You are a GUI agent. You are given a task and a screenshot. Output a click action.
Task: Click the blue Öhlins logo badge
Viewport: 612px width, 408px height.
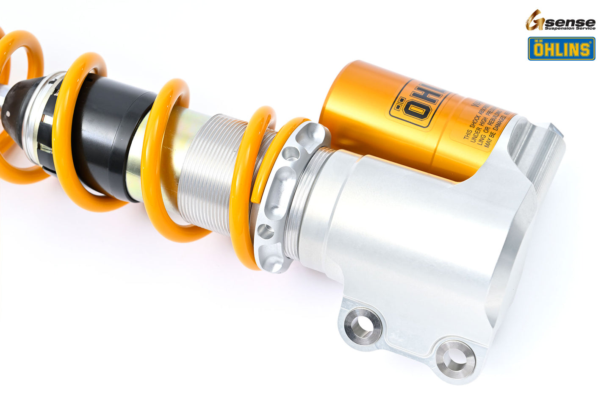click(561, 49)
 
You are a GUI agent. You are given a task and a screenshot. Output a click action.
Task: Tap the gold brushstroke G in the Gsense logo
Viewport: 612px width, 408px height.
click(534, 20)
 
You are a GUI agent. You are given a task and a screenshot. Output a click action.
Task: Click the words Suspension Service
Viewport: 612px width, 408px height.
click(570, 28)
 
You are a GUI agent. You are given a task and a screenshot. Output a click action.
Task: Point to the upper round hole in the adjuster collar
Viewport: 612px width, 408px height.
click(291, 153)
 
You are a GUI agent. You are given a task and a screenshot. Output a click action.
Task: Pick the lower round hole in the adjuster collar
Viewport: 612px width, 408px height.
click(266, 231)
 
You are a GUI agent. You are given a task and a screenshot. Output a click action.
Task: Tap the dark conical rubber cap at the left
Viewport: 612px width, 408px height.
click(17, 106)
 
